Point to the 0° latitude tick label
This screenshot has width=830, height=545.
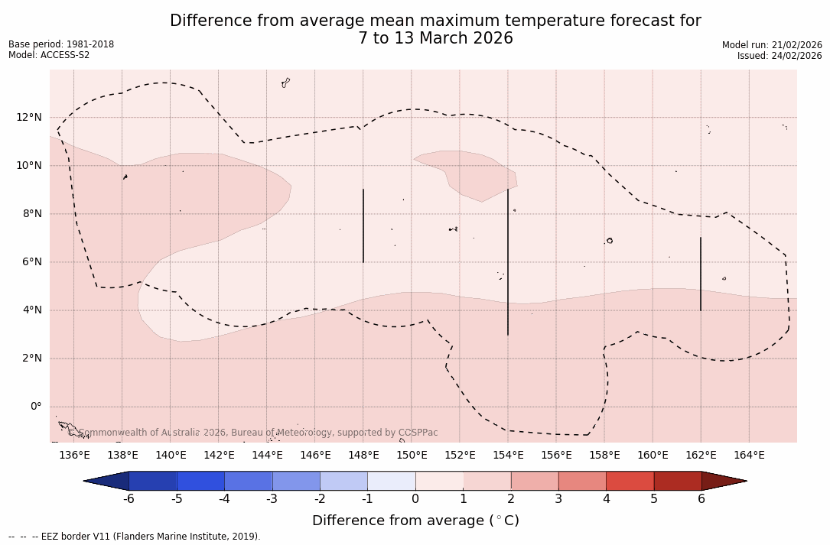coord(35,406)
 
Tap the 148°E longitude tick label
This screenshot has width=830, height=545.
coord(363,456)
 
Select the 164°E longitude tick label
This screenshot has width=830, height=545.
coord(749,456)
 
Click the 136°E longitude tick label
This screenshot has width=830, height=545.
coord(74,456)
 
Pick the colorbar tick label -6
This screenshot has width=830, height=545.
coord(129,499)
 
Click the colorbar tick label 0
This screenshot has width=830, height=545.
coord(415,499)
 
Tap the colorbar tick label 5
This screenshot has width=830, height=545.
coord(654,499)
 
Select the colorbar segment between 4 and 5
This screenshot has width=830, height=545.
coord(630,481)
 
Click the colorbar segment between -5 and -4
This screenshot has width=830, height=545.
coord(200,481)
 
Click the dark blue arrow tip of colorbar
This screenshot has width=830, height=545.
coord(106,481)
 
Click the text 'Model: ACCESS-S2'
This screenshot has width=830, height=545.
coord(49,55)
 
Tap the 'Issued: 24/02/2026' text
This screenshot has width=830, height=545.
coord(780,56)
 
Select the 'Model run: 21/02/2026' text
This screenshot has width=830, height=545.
coord(772,45)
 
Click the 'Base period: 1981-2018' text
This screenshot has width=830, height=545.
coord(61,44)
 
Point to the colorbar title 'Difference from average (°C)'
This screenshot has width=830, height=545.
coord(415,521)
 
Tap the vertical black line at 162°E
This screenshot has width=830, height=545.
coord(700,274)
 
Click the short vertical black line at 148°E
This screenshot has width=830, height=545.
coord(363,225)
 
